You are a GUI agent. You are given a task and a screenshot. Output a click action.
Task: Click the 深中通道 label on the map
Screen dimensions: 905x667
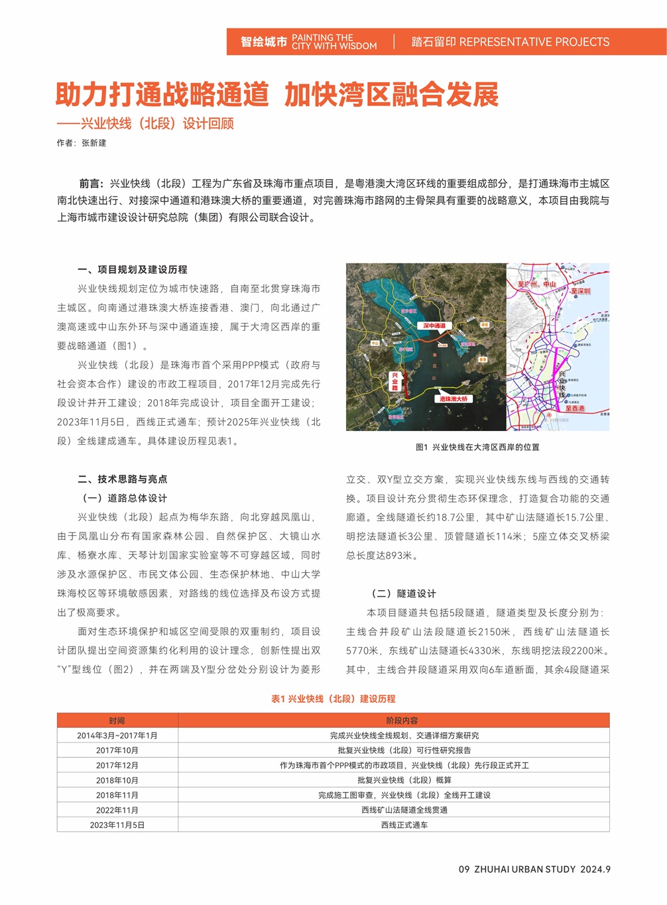click(434, 326)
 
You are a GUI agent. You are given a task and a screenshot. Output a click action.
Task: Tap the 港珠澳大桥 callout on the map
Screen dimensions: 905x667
click(454, 398)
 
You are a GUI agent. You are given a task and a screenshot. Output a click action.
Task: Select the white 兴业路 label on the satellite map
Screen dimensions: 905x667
click(395, 381)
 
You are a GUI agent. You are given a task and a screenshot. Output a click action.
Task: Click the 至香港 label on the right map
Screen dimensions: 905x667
click(575, 408)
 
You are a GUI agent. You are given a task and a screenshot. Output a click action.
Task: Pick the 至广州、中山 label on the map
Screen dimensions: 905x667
click(536, 284)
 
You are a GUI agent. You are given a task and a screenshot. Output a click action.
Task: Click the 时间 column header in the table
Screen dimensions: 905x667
click(117, 721)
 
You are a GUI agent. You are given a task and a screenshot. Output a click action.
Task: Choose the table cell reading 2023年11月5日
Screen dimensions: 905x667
click(117, 825)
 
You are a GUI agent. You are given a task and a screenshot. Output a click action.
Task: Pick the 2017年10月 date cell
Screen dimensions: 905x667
click(117, 751)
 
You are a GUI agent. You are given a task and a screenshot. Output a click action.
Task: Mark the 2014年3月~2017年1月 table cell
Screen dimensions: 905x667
click(117, 735)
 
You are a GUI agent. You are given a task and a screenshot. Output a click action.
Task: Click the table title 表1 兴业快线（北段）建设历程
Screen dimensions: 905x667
click(333, 699)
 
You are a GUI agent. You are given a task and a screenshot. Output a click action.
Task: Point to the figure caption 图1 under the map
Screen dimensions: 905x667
click(477, 447)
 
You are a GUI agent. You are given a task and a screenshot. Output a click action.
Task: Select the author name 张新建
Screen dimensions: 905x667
click(93, 143)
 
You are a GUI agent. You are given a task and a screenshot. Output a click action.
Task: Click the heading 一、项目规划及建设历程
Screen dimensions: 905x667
click(132, 269)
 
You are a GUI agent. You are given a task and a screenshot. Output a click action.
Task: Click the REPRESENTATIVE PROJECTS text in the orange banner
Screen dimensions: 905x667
click(534, 42)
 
